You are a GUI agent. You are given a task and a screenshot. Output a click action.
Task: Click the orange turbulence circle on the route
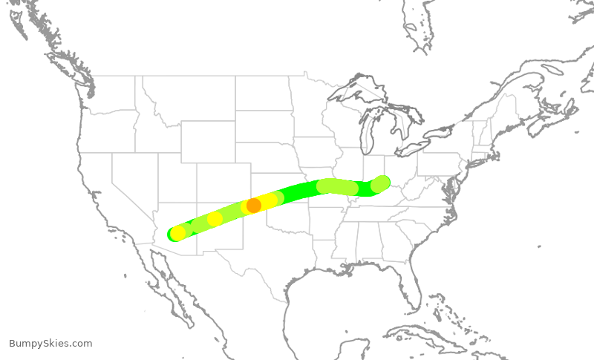[x=253, y=205]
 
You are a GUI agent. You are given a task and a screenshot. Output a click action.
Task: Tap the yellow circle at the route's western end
[x=178, y=232]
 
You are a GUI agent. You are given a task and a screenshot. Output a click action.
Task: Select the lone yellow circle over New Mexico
[x=215, y=219]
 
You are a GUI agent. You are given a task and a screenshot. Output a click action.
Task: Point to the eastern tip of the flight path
[x=382, y=182]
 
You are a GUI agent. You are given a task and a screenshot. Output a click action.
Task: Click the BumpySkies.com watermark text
[x=50, y=344]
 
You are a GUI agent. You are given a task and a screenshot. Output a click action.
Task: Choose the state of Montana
[x=189, y=96]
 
